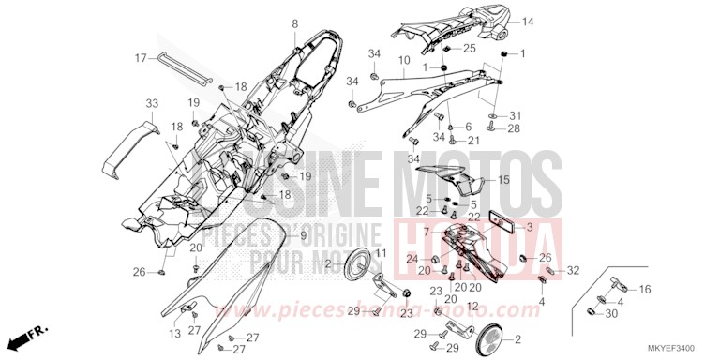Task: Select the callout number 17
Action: tap(142, 58)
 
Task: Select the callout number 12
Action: tap(473, 306)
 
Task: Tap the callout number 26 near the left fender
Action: tap(138, 273)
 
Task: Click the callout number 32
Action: tap(574, 270)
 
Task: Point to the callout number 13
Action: tap(175, 334)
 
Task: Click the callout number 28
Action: tap(514, 128)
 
